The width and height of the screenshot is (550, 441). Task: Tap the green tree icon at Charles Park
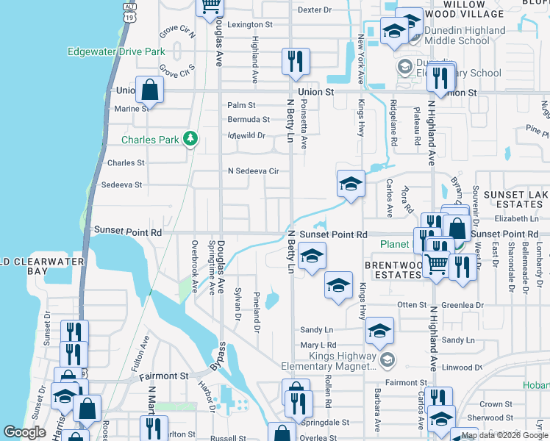pyautogui.click(x=190, y=138)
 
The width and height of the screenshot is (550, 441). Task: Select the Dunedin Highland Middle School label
pyautogui.click(x=456, y=35)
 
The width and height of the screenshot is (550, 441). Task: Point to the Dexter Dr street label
pyautogui.click(x=315, y=10)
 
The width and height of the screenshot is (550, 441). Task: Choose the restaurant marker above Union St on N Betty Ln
pyautogui.click(x=296, y=62)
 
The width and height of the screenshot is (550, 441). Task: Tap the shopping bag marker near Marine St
pyautogui.click(x=149, y=91)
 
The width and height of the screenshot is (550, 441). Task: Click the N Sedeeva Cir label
pyautogui.click(x=254, y=171)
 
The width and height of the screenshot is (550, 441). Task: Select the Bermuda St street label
pyautogui.click(x=249, y=119)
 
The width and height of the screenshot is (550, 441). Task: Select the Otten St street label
pyautogui.click(x=412, y=304)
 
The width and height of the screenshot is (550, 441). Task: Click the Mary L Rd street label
pyautogui.click(x=318, y=345)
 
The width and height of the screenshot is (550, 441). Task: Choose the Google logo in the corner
pyautogui.click(x=24, y=432)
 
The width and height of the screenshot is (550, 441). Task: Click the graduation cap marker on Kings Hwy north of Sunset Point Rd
pyautogui.click(x=351, y=184)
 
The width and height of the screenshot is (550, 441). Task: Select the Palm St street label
pyautogui.click(x=241, y=106)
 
